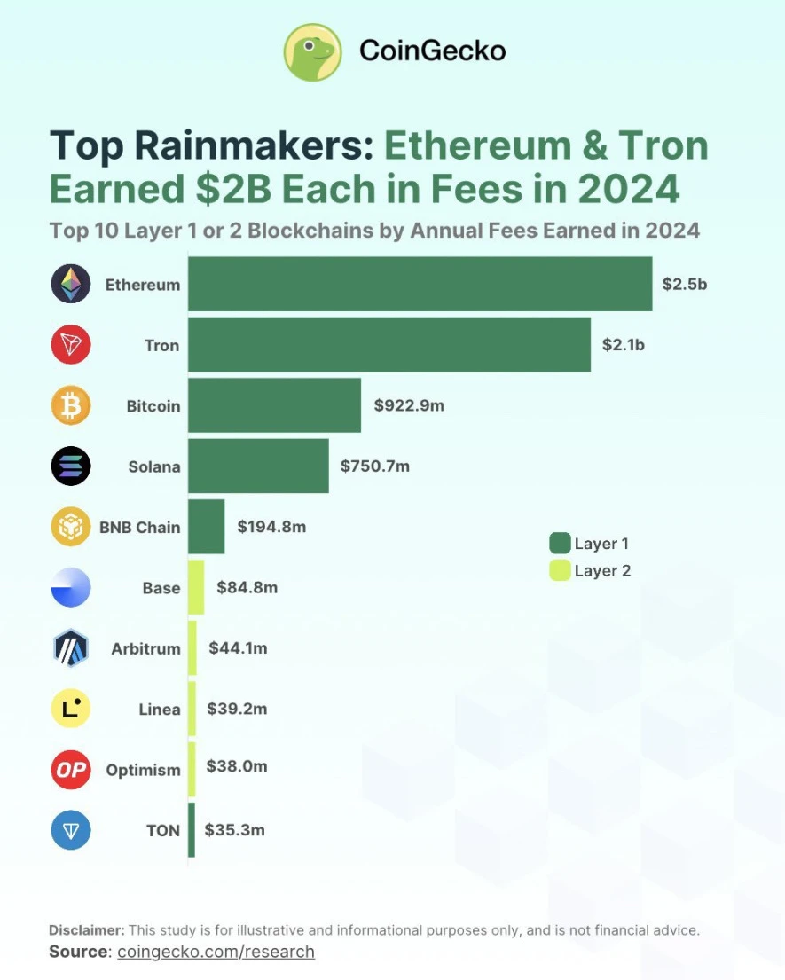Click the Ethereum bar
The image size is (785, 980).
pyautogui.click(x=420, y=284)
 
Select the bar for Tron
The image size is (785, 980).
pyautogui.click(x=389, y=344)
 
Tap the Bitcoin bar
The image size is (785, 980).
pyautogui.click(x=274, y=405)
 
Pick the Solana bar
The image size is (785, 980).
pyautogui.click(x=258, y=466)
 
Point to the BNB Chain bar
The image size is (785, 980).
pyautogui.click(x=206, y=527)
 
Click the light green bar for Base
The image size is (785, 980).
pyautogui.click(x=196, y=587)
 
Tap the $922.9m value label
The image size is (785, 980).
pyautogui.click(x=409, y=405)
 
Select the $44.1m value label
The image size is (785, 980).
pyautogui.click(x=238, y=648)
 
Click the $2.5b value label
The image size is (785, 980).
pyautogui.click(x=684, y=284)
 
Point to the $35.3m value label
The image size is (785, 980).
pyautogui.click(x=234, y=830)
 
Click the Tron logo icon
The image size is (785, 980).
pyautogui.click(x=71, y=344)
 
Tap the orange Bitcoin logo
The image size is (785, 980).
pyautogui.click(x=71, y=405)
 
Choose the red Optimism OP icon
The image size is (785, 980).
pyautogui.click(x=71, y=770)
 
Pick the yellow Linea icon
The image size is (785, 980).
pyautogui.click(x=71, y=709)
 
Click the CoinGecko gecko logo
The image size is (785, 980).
pyautogui.click(x=312, y=51)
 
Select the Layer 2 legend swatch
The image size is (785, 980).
pyautogui.click(x=560, y=570)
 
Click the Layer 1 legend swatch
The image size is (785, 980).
pyautogui.click(x=560, y=543)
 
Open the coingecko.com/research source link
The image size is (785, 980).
pyautogui.click(x=216, y=952)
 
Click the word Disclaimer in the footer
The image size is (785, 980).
pyautogui.click(x=87, y=930)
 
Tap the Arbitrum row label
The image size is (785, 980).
pyautogui.click(x=145, y=648)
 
